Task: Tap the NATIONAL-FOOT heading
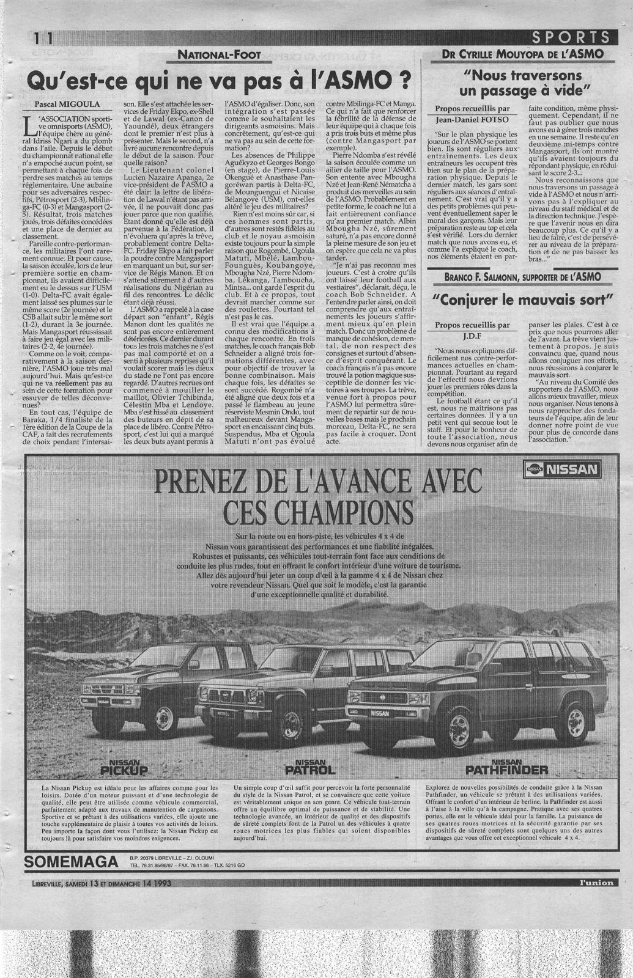click(219, 55)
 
